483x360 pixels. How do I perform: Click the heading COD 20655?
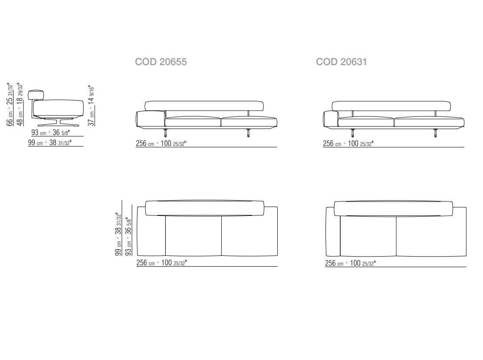(x=161, y=62)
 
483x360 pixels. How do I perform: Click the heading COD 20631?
(x=341, y=62)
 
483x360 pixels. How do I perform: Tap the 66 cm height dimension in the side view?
(x=10, y=105)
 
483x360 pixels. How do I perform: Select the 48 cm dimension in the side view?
(x=20, y=105)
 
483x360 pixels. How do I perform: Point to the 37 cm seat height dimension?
(x=92, y=106)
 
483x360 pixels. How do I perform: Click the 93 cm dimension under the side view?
(x=51, y=132)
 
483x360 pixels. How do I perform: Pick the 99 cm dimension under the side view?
(x=49, y=142)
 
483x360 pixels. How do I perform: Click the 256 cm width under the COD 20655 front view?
(x=161, y=143)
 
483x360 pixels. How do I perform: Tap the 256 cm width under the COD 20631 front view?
(x=348, y=143)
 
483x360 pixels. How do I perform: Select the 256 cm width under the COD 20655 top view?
(x=162, y=263)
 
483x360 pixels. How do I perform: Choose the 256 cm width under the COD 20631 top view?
(x=350, y=263)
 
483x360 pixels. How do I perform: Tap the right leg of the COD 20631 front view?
(x=436, y=133)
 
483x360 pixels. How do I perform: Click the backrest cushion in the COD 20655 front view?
(x=204, y=106)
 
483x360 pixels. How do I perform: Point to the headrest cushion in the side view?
(x=36, y=95)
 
